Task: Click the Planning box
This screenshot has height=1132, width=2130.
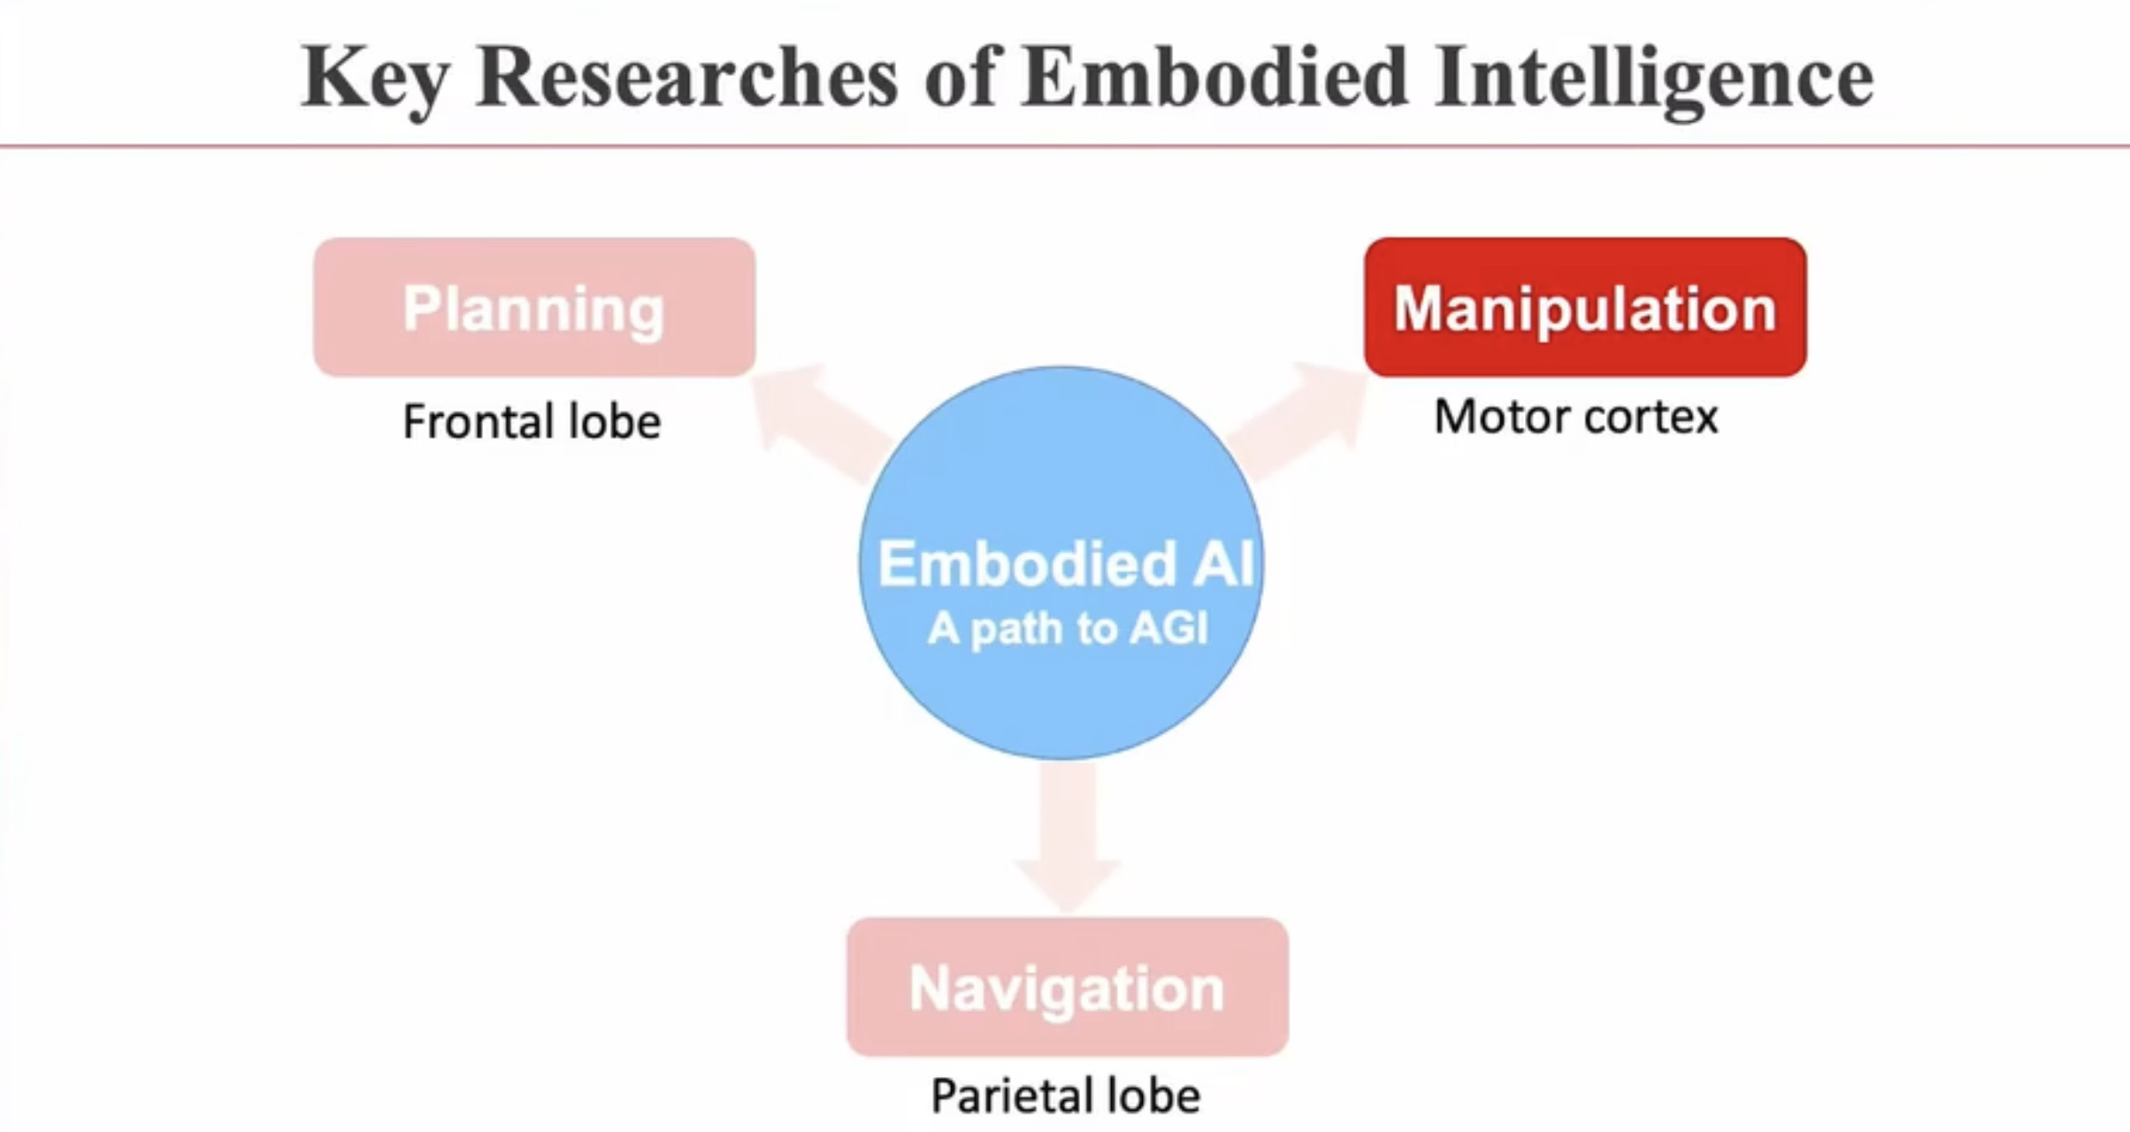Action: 534,307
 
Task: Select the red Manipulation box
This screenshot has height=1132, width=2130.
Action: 1585,307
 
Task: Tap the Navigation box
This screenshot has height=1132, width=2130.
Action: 1067,987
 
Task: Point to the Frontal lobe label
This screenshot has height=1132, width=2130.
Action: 532,421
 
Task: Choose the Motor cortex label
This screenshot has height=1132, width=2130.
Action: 1575,417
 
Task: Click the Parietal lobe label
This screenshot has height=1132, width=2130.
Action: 1066,1096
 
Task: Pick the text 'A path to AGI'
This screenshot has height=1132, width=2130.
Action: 1067,629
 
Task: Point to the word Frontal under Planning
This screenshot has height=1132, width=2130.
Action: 479,421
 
